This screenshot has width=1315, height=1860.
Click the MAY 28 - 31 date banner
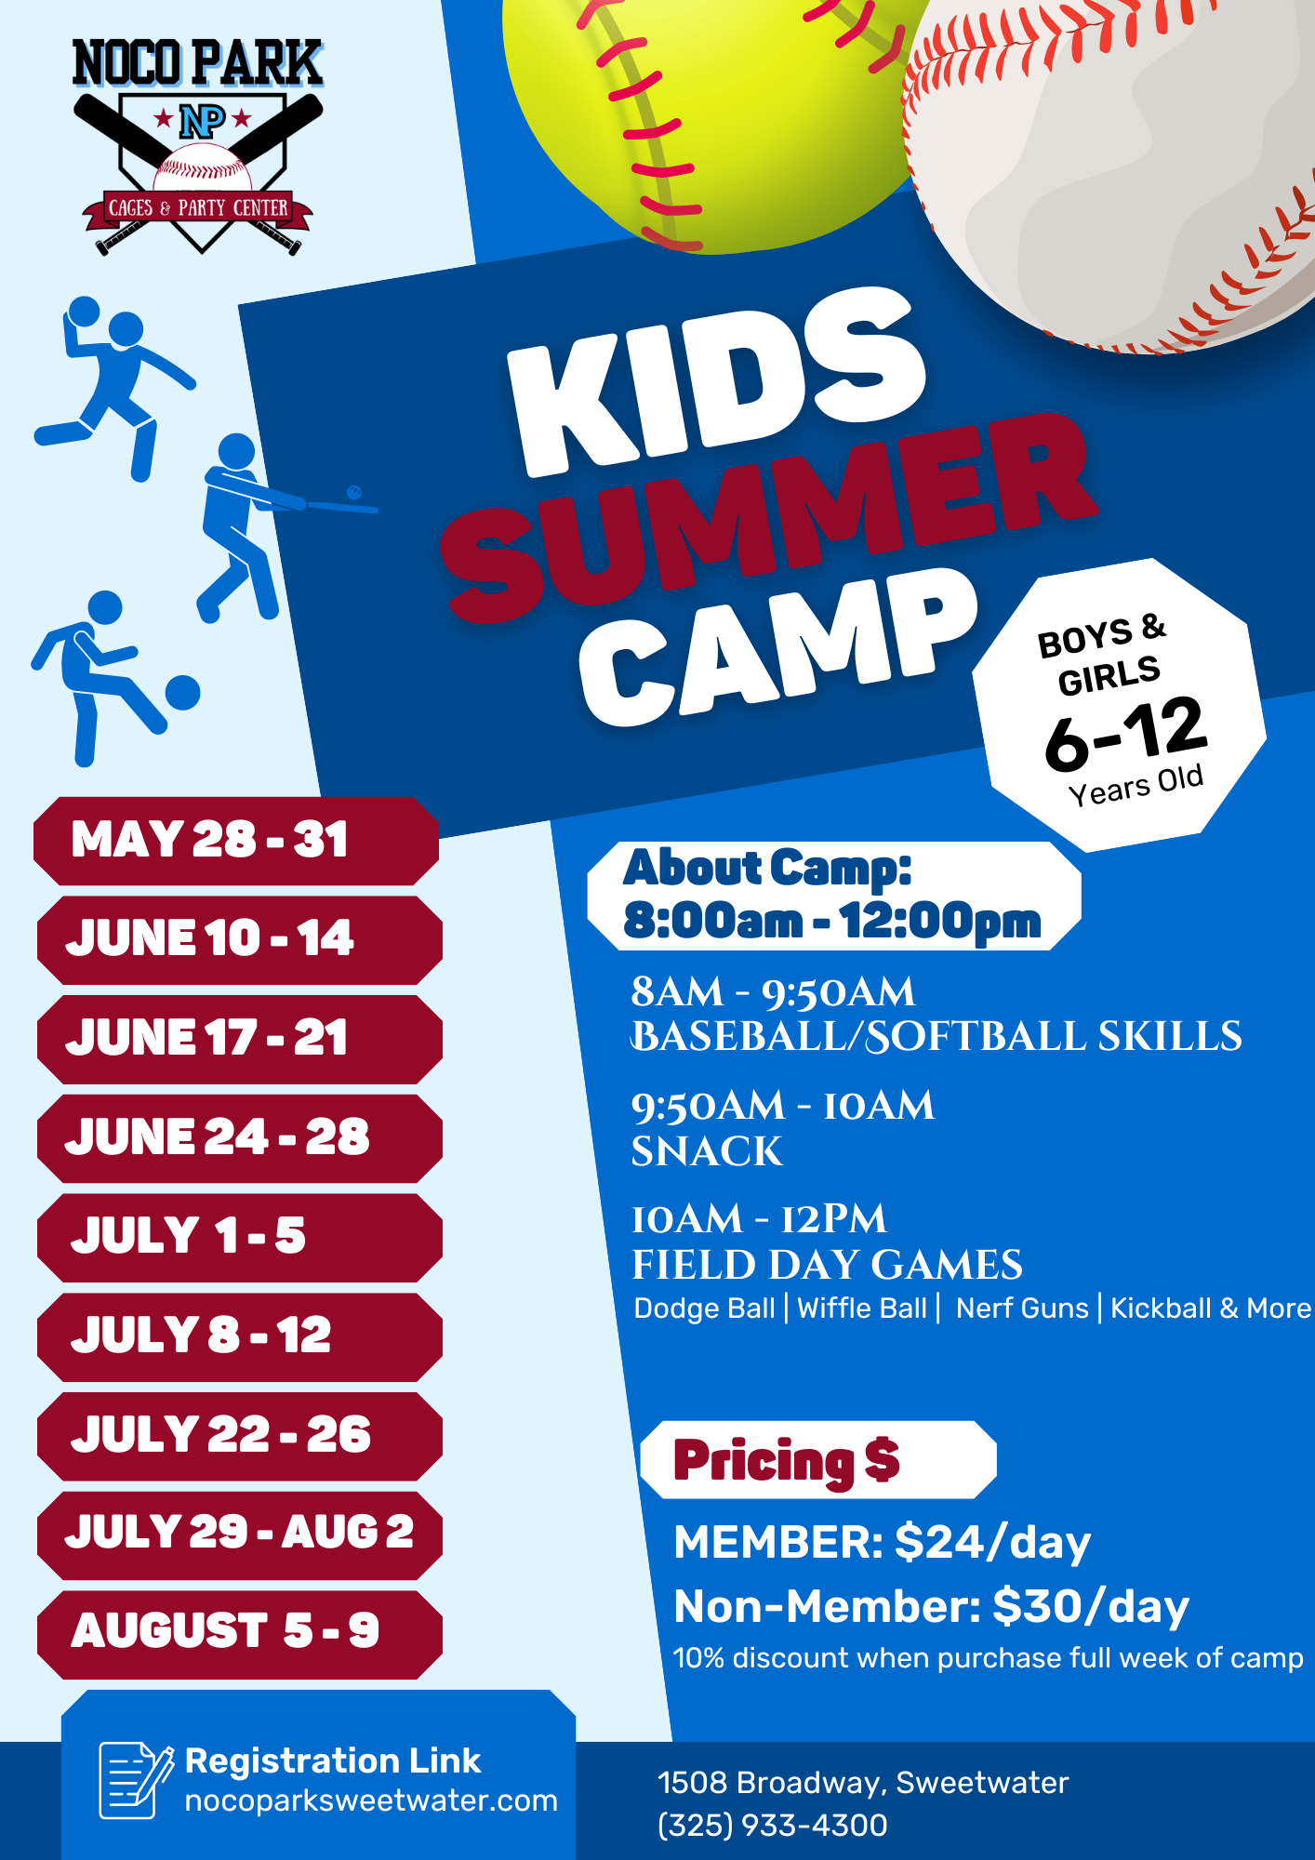236,840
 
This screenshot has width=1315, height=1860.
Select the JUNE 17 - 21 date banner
239,1038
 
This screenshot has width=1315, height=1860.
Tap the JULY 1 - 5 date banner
239,1237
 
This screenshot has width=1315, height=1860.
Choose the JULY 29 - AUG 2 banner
239,1534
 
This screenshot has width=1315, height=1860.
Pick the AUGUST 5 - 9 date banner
239,1633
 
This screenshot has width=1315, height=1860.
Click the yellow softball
707,102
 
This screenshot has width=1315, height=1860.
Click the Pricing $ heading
787,1460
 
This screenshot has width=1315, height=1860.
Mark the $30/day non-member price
1091,1606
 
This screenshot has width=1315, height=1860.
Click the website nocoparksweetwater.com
371,1801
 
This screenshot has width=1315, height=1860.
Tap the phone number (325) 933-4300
773,1826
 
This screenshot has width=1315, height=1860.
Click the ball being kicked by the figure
182,693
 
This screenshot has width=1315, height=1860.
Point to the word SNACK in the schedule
707,1151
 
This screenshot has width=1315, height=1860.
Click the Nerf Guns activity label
1022,1309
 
